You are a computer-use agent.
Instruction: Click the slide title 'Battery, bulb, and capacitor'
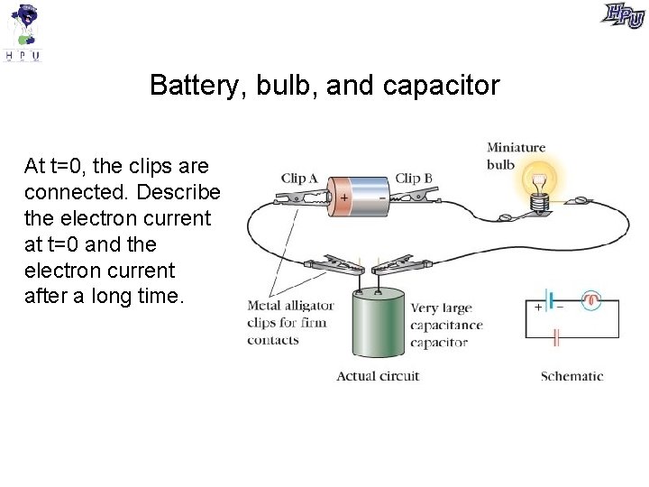pos(324,86)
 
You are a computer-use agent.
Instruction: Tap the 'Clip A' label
pos(299,179)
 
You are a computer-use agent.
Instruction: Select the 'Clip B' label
pos(414,179)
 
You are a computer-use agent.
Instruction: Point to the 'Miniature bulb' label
pos(516,155)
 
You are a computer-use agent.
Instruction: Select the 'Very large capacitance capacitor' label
pos(446,326)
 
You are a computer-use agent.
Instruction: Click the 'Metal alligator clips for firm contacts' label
pos(290,323)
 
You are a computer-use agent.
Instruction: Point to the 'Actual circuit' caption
pos(378,376)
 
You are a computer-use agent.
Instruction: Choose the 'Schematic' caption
pos(571,376)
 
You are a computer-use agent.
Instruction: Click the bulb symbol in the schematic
pos(591,300)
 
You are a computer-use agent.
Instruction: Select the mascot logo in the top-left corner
pos(23,32)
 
